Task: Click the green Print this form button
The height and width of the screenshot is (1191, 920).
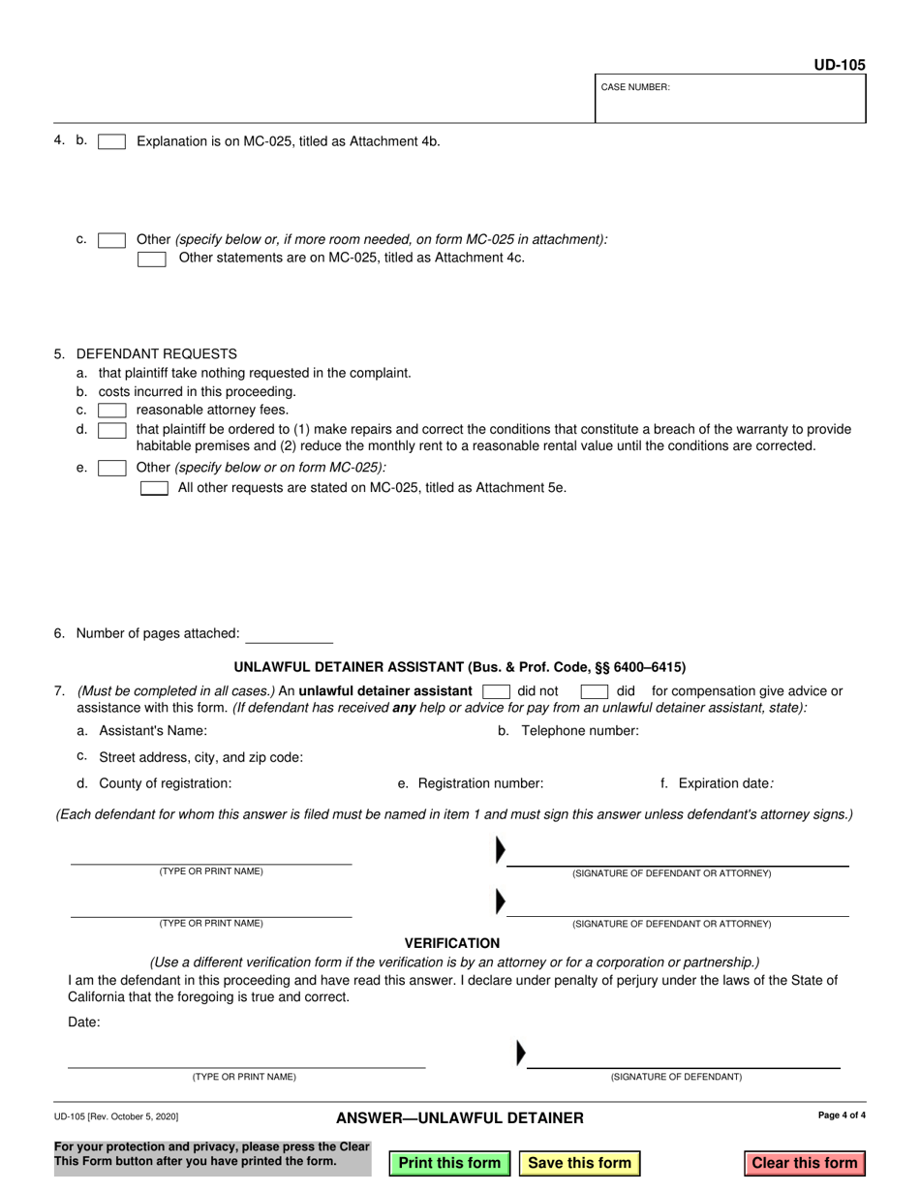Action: pos(449,1163)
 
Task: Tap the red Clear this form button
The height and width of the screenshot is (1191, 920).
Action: pos(804,1163)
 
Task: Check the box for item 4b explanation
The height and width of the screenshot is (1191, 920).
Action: pos(111,141)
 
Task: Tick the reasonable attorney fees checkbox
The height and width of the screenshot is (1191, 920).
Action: pos(111,411)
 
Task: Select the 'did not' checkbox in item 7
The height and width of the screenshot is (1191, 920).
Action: pos(496,691)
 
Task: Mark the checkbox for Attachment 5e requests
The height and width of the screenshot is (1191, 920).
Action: pos(154,488)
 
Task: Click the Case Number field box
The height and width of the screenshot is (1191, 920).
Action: pos(730,99)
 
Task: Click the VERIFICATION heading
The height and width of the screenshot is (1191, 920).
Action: pos(452,943)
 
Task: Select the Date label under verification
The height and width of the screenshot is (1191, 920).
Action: pos(84,1022)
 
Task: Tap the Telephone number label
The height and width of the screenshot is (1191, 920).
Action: pos(580,731)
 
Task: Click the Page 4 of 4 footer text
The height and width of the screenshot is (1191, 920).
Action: pos(842,1115)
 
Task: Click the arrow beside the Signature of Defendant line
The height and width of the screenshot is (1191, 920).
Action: pos(521,1052)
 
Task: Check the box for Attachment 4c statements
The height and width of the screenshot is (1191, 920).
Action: pos(151,259)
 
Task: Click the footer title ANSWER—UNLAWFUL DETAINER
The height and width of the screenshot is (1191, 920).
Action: pos(460,1118)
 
